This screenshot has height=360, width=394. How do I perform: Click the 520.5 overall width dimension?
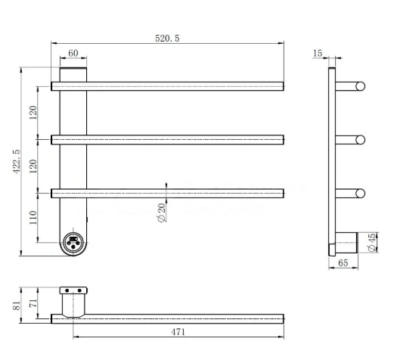167,39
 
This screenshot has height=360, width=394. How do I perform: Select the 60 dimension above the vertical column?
73,53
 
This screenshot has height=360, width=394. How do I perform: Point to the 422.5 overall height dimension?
17,161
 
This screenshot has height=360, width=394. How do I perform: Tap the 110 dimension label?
33,218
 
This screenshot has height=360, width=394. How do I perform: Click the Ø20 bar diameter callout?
162,213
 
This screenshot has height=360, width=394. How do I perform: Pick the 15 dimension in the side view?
318,53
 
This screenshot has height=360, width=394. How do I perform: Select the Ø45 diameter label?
372,243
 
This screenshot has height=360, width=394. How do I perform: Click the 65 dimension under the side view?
343,263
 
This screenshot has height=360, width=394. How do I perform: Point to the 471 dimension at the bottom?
178,332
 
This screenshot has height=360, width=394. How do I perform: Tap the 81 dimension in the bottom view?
17,306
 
